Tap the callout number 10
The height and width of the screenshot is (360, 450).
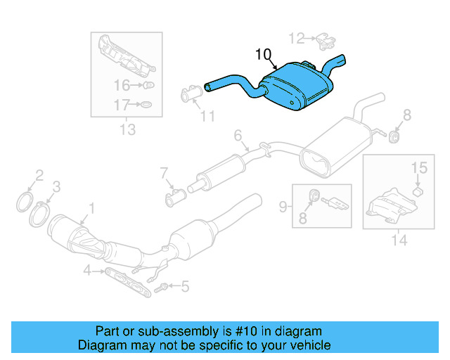tap(262, 54)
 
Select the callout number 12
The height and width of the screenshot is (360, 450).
tap(297, 37)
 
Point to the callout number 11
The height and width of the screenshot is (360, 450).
tap(207, 116)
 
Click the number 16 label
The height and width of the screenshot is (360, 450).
tap(122, 86)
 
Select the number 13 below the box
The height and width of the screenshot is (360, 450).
tap(127, 129)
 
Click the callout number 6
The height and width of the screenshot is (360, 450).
tap(237, 134)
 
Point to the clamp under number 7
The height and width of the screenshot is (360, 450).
tap(174, 199)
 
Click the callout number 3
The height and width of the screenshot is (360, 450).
tap(57, 186)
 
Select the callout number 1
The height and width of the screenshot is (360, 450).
tap(91, 207)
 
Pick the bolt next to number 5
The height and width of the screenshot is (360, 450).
tap(162, 286)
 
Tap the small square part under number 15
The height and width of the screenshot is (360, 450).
tap(417, 191)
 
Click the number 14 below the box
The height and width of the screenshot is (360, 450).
tap(399, 240)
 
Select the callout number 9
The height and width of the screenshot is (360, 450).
tap(283, 206)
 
